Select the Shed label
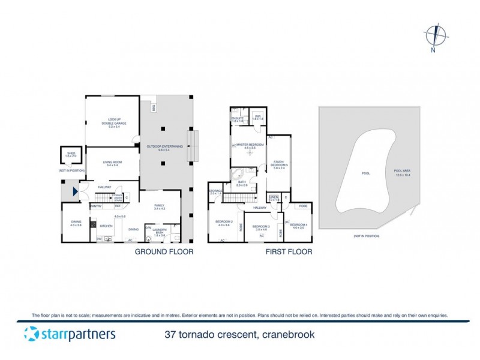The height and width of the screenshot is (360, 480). [x=71, y=155]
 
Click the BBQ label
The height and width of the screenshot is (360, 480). [x=154, y=108]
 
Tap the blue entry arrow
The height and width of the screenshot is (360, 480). [x=74, y=192]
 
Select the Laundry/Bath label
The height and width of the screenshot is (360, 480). [x=159, y=232]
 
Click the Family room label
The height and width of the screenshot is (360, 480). [x=159, y=206]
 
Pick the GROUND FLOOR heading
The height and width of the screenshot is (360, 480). [x=164, y=252]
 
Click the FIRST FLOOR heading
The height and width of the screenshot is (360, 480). [x=289, y=252]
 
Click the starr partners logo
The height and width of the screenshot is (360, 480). [x=69, y=334]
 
